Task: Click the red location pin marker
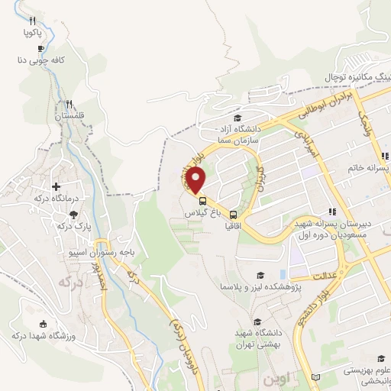tap(196, 180)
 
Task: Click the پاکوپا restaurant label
tap(32, 33)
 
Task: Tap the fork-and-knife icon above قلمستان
tap(69, 104)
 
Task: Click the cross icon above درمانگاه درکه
tap(56, 186)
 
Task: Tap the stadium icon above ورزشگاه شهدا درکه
tap(42, 324)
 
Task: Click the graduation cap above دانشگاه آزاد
tap(238, 118)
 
